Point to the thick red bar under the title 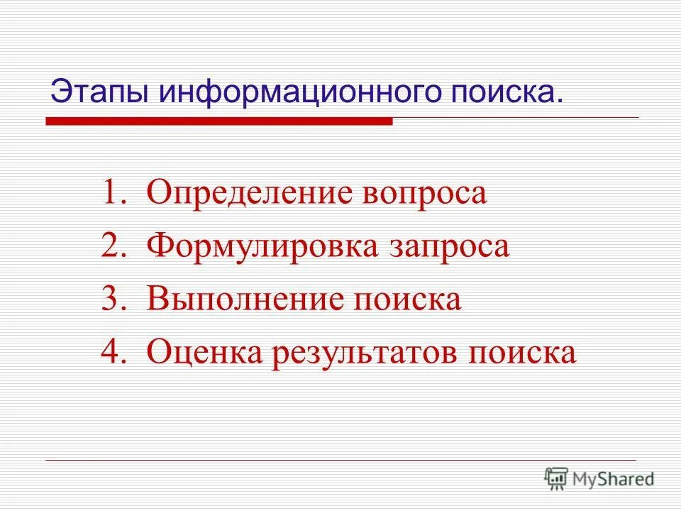coord(219,122)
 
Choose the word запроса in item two coord(450,246)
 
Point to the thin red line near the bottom coord(340,461)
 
